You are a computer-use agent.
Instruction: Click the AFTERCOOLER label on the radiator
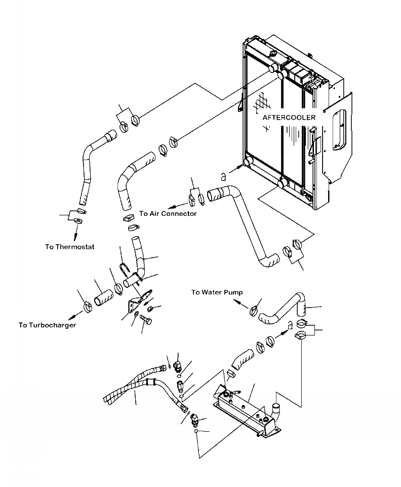289,118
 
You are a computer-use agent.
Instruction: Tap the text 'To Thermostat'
69,247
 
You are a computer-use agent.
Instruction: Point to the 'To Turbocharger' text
47,325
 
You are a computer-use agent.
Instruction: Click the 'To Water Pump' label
217,292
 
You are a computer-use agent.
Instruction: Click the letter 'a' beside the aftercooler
223,176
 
